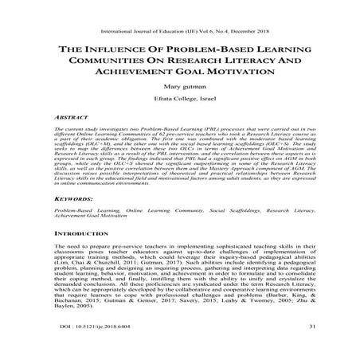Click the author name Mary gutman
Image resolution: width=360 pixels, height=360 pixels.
tap(180, 92)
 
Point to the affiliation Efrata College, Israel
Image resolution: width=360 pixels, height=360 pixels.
tap(180, 107)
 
